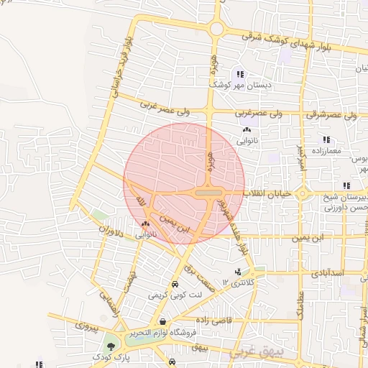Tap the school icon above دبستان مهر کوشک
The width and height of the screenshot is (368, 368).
239,73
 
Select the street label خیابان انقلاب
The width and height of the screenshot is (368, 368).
269,194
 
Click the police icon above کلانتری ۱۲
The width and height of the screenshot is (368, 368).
239,272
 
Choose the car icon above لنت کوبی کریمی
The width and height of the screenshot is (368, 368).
175,283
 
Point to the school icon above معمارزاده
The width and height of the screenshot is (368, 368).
326,139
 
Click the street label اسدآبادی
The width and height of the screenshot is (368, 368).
328,274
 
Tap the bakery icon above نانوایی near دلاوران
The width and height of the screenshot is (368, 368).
146,225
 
